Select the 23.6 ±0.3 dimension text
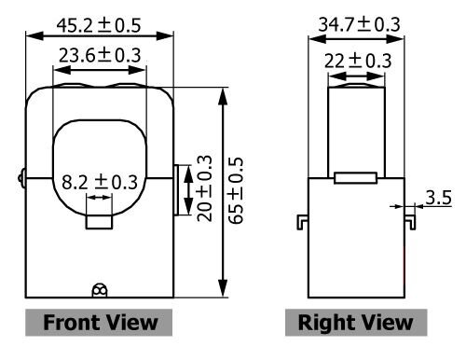click(x=100, y=55)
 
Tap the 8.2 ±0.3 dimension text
click(x=99, y=181)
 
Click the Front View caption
click(x=100, y=323)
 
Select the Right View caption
click(x=354, y=323)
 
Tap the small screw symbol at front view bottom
click(x=100, y=289)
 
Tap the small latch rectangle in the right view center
click(x=354, y=176)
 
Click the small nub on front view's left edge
click(x=21, y=174)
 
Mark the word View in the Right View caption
click(x=385, y=323)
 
